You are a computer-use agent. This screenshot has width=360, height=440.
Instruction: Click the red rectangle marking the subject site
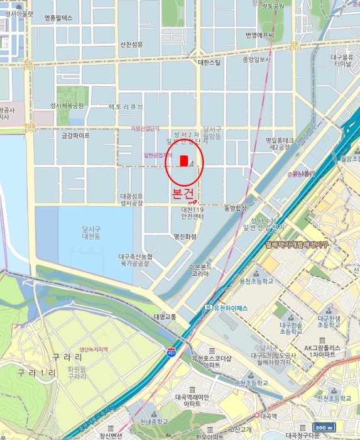[184, 161]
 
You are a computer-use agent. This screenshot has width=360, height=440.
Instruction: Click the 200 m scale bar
[323, 428]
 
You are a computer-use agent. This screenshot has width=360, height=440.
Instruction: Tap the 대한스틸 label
[209, 62]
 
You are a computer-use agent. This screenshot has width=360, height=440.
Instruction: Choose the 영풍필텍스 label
[59, 18]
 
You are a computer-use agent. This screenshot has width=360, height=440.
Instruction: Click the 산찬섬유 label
[132, 44]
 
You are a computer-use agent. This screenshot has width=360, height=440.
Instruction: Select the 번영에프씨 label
[259, 35]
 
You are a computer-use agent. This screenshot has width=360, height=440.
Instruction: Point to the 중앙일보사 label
[256, 60]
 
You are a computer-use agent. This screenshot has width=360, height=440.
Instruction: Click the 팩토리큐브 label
[126, 107]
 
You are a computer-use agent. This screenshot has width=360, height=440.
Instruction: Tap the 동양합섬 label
[236, 207]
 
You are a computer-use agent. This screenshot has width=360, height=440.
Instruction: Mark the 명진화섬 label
[185, 236]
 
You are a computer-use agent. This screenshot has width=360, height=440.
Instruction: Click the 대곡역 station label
[269, 415]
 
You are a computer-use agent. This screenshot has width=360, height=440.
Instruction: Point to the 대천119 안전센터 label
[192, 213]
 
